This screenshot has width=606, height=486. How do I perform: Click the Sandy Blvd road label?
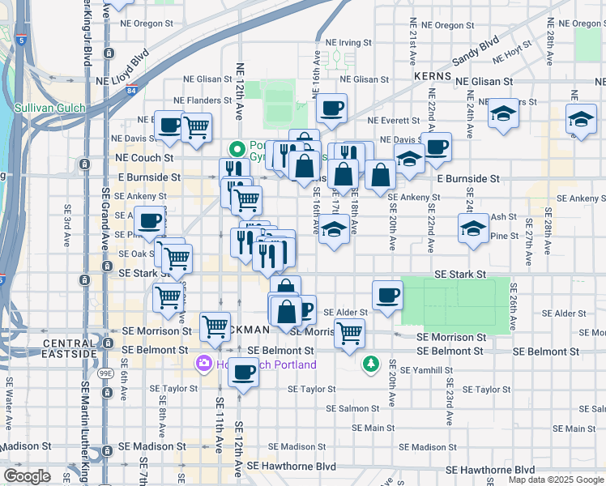[477, 51]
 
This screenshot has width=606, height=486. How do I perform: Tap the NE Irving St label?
[348, 42]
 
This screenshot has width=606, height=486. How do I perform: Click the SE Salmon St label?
[357, 409]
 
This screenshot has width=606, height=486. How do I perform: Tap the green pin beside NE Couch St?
[237, 149]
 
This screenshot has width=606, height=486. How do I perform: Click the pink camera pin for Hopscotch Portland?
[202, 364]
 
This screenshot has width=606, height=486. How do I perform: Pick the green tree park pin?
[371, 364]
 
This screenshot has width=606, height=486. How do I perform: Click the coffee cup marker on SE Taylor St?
[242, 373]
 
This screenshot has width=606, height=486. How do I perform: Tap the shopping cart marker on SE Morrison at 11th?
[215, 326]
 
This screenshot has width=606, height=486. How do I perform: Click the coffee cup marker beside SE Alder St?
[387, 295]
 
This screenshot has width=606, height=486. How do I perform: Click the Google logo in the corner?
[26, 476]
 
